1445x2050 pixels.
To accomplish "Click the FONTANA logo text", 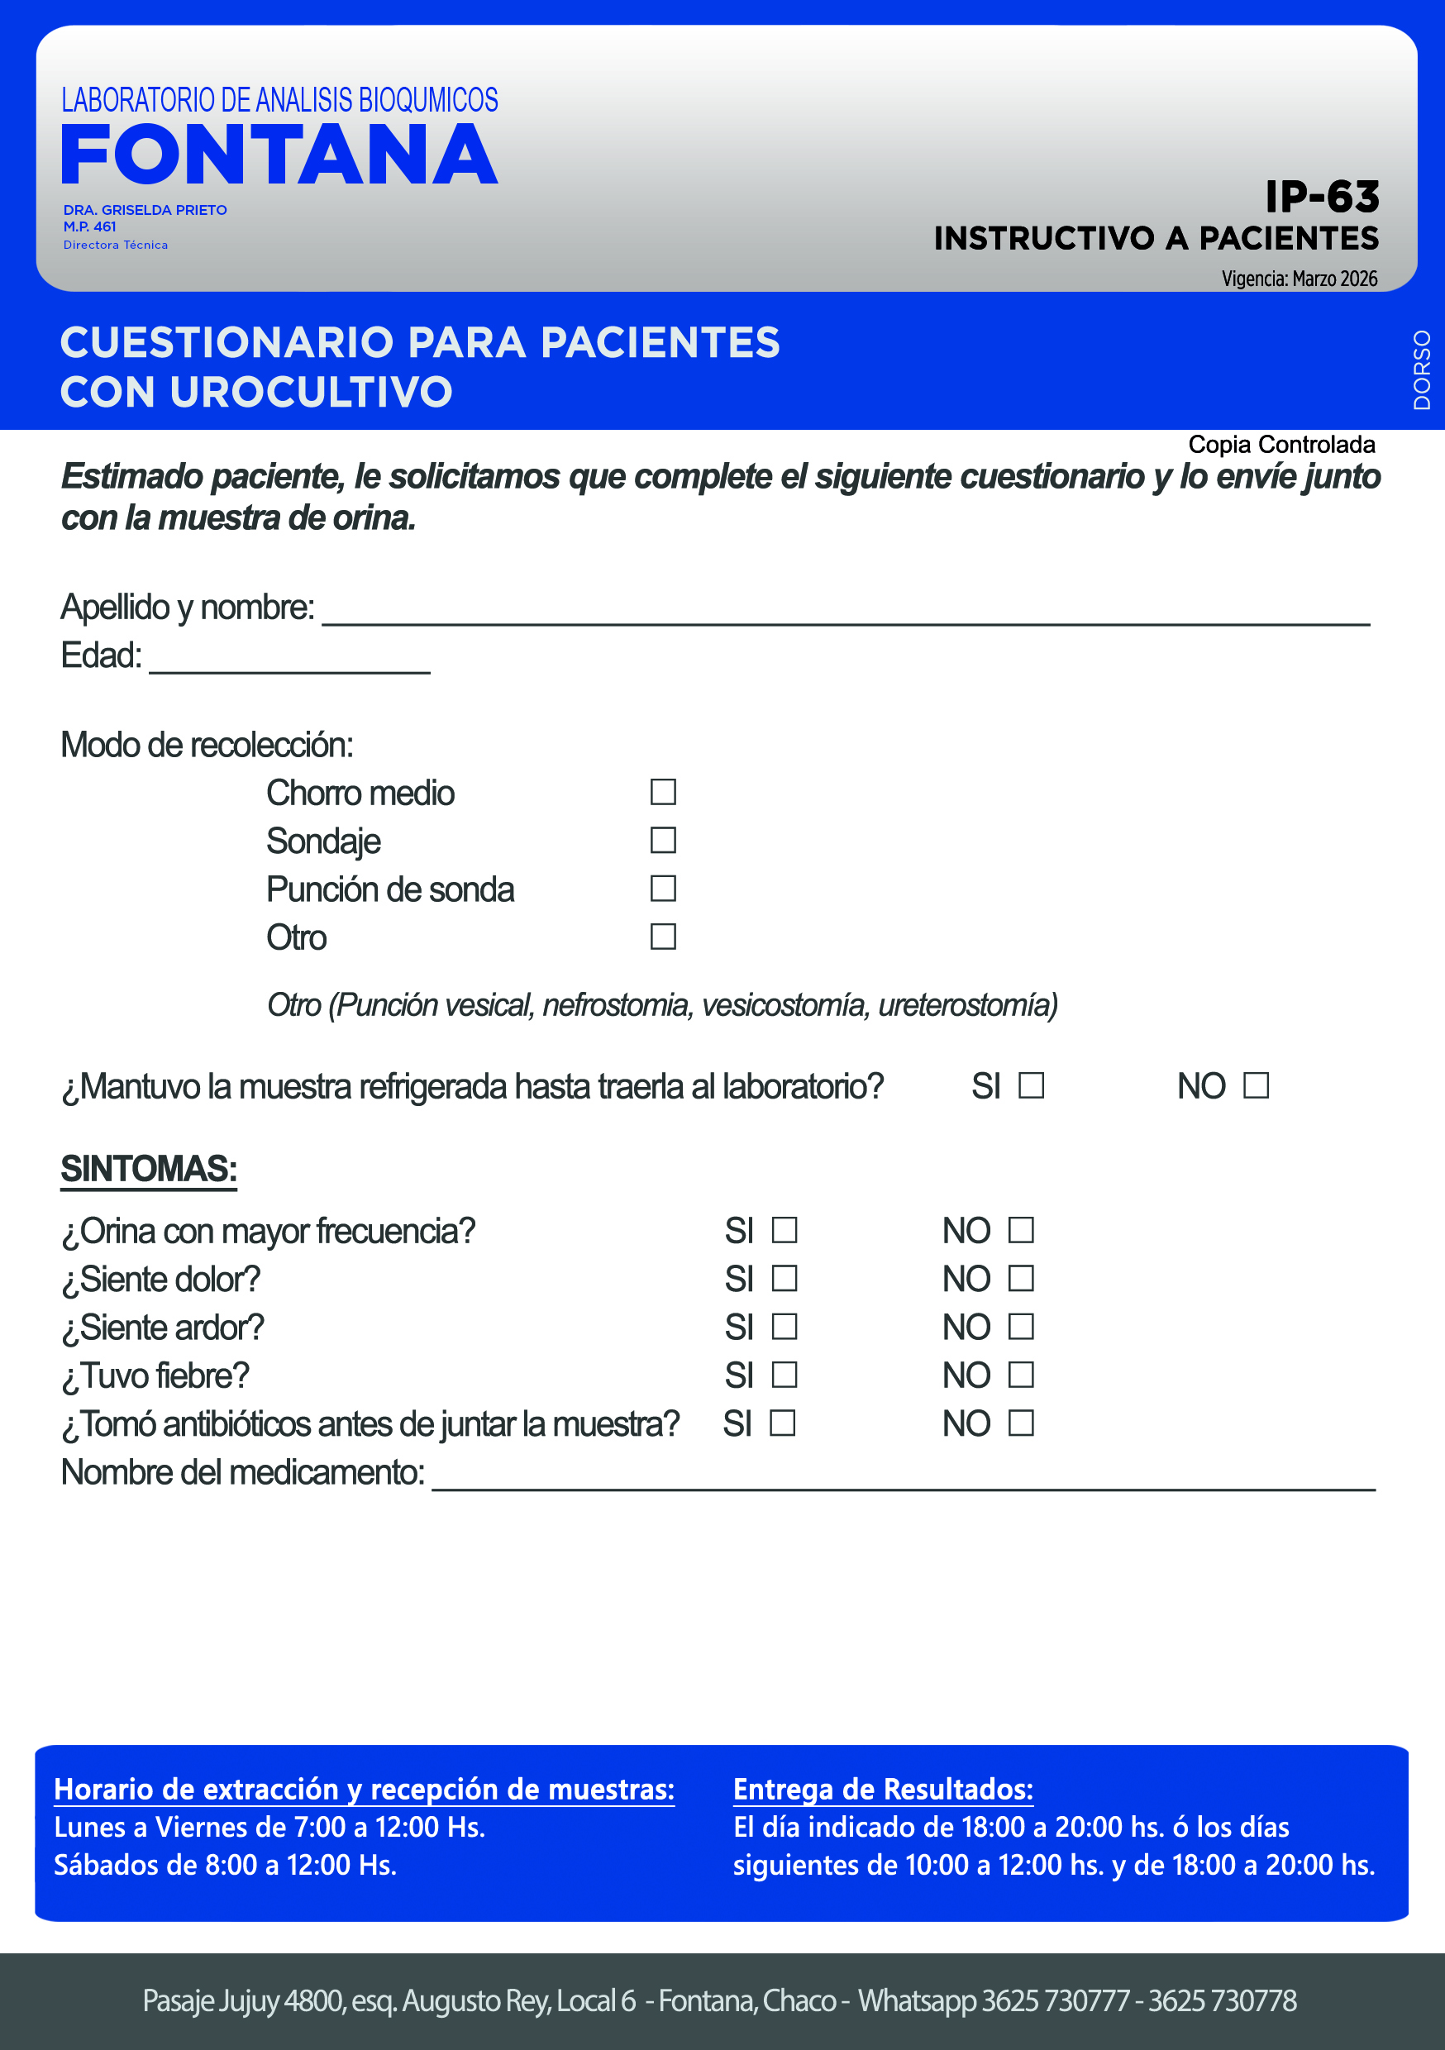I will pos(279,155).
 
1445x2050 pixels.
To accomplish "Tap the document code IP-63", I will pos(1322,197).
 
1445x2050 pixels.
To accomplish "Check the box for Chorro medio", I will pos(663,792).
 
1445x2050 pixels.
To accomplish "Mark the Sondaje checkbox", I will pos(663,840).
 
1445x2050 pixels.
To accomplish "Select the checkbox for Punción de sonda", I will pos(663,889).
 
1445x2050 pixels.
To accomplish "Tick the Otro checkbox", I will pos(663,937).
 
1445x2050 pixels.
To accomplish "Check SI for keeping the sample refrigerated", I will pos(1032,1085).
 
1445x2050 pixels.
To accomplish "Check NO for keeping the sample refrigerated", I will pos(1256,1085).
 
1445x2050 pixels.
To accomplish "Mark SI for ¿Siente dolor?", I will pos(784,1279).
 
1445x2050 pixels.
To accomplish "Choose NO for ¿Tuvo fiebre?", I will pos(1021,1375).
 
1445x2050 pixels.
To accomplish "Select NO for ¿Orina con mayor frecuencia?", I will pos(1021,1230).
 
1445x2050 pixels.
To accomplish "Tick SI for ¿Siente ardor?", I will pos(784,1327).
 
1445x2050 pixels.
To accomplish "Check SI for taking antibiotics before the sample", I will pos(782,1423).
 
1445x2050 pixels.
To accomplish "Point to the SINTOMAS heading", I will pos(149,1169).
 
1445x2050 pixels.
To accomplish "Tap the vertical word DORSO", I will pos(1422,369).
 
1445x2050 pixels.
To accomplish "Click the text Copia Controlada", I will pos(1280,445).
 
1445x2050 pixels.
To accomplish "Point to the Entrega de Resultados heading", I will pos(882,1790).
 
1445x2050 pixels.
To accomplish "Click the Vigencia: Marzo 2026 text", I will pos(1299,279).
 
